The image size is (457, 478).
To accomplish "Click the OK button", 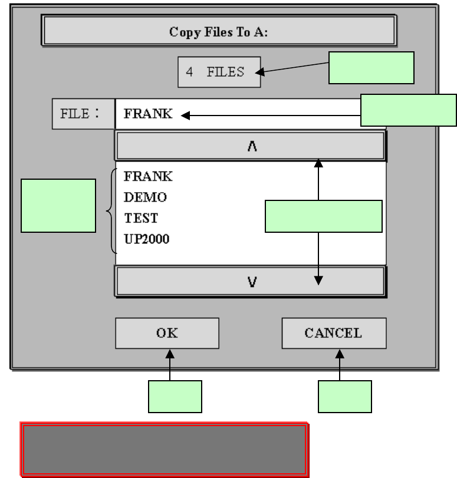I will pyautogui.click(x=167, y=333).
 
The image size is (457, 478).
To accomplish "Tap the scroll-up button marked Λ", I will pyautogui.click(x=251, y=146).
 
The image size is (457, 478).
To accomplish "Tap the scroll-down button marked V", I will pyautogui.click(x=251, y=282).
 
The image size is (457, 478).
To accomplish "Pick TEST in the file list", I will pyautogui.click(x=141, y=218).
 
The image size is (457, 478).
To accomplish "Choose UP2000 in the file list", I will pyautogui.click(x=147, y=239).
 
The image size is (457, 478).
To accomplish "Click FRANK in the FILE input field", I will pyautogui.click(x=148, y=114).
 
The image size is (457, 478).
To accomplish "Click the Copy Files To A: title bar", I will pyautogui.click(x=219, y=32).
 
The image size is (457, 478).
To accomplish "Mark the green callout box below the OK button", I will pyautogui.click(x=175, y=396).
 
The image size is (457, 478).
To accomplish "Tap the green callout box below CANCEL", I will pyautogui.click(x=345, y=396).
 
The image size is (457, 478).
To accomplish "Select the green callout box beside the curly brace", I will pyautogui.click(x=58, y=206).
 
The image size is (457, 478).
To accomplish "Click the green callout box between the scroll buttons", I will pyautogui.click(x=324, y=216).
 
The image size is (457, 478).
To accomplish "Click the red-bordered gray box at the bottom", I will pyautogui.click(x=165, y=449).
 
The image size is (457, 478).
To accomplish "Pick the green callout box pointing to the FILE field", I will pyautogui.click(x=408, y=110).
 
